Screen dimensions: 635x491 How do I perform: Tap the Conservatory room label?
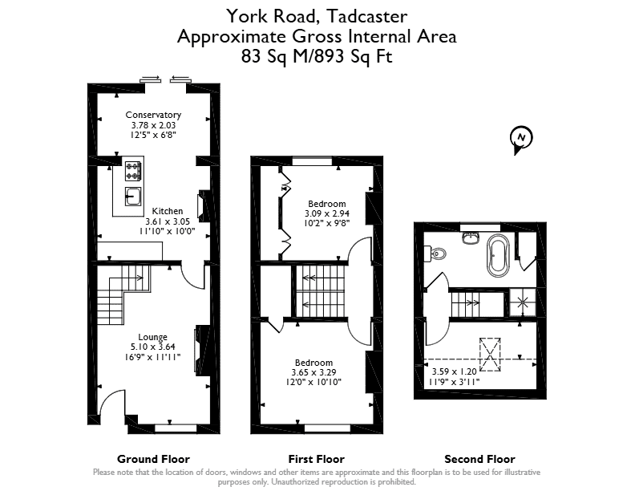click(x=153, y=115)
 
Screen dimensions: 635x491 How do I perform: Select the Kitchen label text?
click(x=168, y=211)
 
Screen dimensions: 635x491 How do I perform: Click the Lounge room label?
click(x=152, y=337)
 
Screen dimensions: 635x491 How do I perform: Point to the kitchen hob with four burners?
click(x=133, y=171)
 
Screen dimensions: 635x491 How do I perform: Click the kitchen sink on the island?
click(x=133, y=197)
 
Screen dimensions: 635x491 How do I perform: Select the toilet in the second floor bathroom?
click(x=435, y=254)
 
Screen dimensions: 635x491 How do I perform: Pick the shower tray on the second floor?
click(x=523, y=302)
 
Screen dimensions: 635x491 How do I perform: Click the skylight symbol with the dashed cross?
click(x=490, y=355)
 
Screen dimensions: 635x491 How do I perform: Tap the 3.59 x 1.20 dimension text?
click(x=455, y=371)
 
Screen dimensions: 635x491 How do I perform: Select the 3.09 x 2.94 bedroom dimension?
click(x=327, y=213)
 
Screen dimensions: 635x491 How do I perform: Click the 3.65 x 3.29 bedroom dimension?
click(x=313, y=372)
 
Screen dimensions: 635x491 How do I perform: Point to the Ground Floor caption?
click(x=153, y=459)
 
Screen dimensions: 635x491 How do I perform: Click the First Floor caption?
click(x=316, y=459)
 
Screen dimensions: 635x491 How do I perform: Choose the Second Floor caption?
click(x=480, y=459)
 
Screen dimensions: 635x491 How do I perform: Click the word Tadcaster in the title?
click(x=367, y=17)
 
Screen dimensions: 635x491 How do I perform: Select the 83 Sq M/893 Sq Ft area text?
click(x=317, y=56)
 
